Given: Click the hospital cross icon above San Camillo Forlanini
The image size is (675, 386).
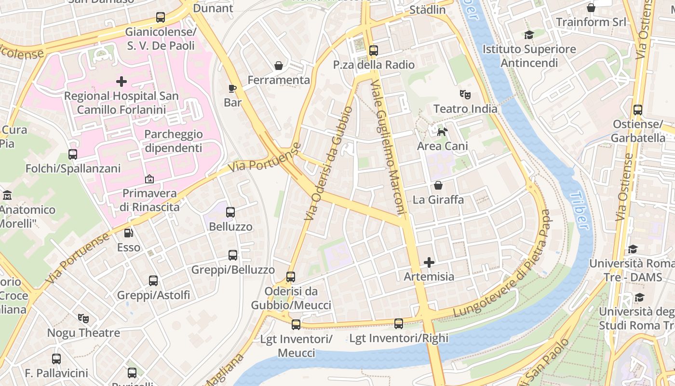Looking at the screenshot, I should [121, 82].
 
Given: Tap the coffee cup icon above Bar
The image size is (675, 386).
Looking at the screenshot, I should [232, 88].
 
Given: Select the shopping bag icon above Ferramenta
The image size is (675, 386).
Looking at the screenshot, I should [278, 65].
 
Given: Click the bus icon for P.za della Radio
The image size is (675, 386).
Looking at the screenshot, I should [373, 50].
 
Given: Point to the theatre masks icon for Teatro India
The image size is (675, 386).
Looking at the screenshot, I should [465, 94].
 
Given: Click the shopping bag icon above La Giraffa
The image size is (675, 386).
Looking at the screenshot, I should [438, 185].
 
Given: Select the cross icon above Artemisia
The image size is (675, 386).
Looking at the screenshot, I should [429, 262].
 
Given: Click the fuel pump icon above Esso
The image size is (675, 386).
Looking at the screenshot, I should [129, 233].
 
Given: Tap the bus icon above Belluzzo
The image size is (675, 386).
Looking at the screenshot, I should [230, 212].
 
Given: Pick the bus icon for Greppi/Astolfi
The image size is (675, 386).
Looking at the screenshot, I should [153, 280].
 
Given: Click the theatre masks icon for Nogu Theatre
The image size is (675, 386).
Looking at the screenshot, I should [83, 318].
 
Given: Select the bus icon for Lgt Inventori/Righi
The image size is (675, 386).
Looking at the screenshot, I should [399, 324].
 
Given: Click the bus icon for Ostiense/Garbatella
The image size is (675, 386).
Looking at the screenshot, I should [638, 110].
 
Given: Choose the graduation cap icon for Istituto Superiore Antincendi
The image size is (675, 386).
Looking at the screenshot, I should [529, 35].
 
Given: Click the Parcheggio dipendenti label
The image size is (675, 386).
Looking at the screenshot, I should [174, 141].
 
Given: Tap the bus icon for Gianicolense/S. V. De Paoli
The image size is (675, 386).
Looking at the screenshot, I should [161, 18].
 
